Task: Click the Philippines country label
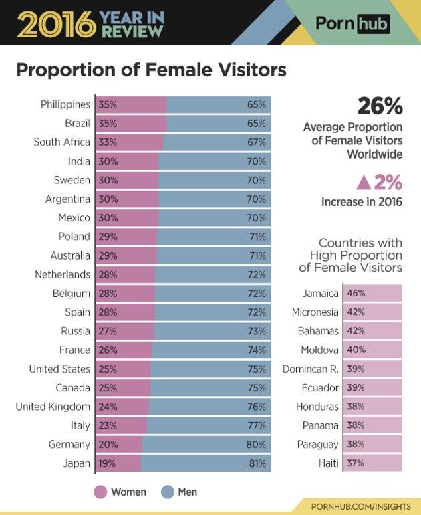point(65,104)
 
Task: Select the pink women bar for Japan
point(118,463)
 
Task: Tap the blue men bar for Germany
point(206,444)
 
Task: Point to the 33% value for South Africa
point(108,142)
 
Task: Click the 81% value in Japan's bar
point(257,463)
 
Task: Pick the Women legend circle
point(100,492)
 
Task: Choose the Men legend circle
point(167,492)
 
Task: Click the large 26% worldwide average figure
point(380,106)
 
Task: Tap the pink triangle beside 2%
point(364,183)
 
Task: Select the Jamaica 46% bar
point(373,293)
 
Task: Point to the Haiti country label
point(328,463)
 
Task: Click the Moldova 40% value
point(356,350)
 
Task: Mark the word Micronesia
point(315,312)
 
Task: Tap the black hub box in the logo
point(373,24)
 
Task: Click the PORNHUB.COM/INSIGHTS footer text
point(361,506)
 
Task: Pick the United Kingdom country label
point(53,407)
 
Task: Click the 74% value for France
point(257,350)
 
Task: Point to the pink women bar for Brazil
point(131,124)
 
